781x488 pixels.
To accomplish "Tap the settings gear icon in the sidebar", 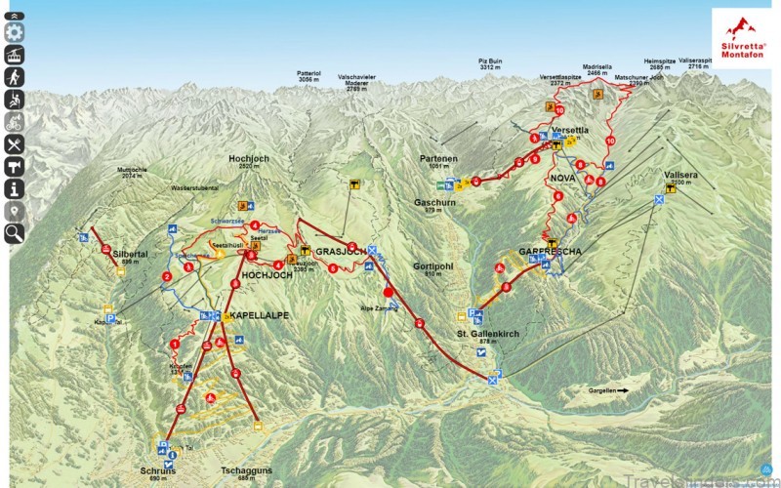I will tap(15, 32).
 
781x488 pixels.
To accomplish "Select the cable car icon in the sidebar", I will tap(15, 55).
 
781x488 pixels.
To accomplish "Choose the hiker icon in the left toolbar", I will tap(15, 77).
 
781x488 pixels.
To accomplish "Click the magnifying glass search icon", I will tap(15, 232).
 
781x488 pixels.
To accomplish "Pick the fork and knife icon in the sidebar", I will tap(15, 144).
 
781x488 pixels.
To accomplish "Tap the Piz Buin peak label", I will tap(490, 63).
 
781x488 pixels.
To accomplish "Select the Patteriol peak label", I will tap(309, 73).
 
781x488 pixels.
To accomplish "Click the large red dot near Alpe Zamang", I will tap(388, 292).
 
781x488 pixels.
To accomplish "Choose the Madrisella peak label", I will tap(598, 68).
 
